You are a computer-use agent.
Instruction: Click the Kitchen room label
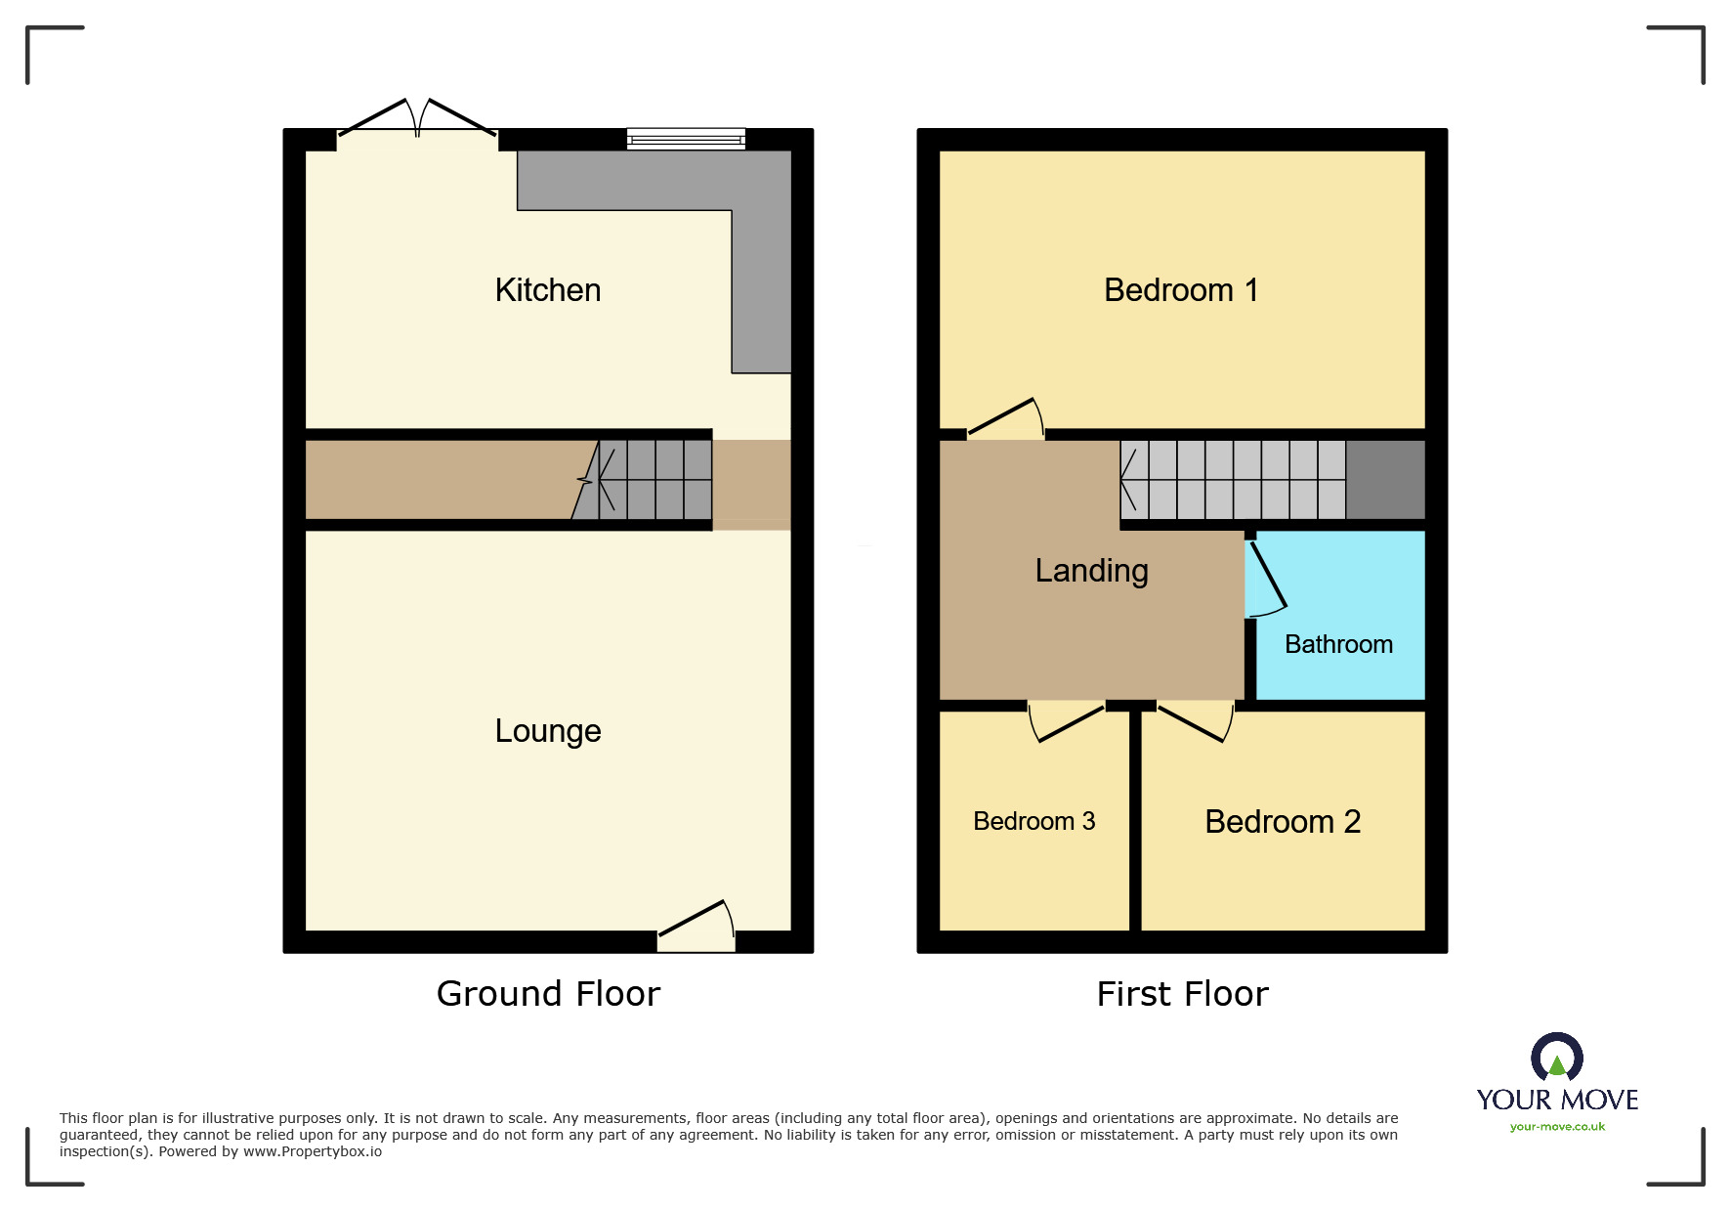(x=547, y=290)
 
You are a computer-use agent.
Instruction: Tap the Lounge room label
(x=547, y=731)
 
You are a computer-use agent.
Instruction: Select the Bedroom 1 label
(x=1181, y=290)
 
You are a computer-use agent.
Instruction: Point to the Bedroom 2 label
(x=1283, y=822)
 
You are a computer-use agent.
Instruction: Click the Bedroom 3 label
(x=1034, y=821)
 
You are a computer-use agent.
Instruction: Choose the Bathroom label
(x=1338, y=644)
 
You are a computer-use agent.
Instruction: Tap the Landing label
(x=1091, y=571)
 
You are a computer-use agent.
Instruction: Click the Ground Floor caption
(x=548, y=993)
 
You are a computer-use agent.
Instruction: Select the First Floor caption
(x=1182, y=993)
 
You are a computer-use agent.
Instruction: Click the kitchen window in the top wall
(x=686, y=139)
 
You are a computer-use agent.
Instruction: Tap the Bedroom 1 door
(x=1005, y=418)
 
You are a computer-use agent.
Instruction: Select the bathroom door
(x=1267, y=579)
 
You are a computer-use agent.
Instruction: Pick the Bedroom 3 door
(x=1066, y=722)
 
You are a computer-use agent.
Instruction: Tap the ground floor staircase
(x=642, y=480)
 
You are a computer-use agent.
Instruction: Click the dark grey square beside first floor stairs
(x=1385, y=480)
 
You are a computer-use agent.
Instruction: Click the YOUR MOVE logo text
(x=1557, y=1100)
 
